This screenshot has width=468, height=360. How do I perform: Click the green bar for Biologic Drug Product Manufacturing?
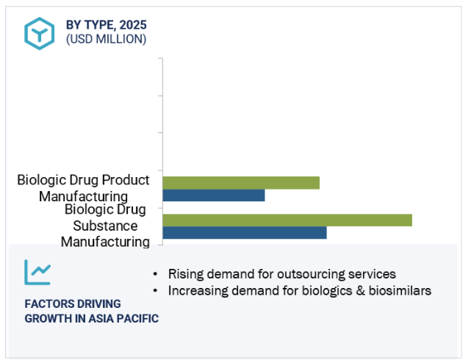point(241,183)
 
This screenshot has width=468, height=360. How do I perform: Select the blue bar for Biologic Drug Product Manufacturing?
point(214,195)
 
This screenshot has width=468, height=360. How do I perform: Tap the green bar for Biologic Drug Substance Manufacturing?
point(287,220)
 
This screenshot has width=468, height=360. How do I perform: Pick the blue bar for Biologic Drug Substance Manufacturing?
point(245,233)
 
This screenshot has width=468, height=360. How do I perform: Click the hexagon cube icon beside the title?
point(40,34)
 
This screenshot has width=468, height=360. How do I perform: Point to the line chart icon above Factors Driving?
point(37,273)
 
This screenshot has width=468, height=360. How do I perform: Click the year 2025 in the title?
point(133,25)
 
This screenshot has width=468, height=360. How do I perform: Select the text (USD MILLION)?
point(107,39)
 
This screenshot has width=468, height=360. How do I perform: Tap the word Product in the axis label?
point(126,180)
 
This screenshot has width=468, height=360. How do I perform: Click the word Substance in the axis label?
point(105,226)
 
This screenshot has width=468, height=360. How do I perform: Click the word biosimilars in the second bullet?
point(400,290)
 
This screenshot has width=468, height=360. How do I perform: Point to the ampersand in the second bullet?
point(361,290)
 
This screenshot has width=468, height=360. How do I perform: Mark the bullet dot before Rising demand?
point(155,274)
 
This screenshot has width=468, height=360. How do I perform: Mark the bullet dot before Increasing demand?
point(155,290)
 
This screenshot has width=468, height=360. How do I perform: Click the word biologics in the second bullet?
point(327,290)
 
